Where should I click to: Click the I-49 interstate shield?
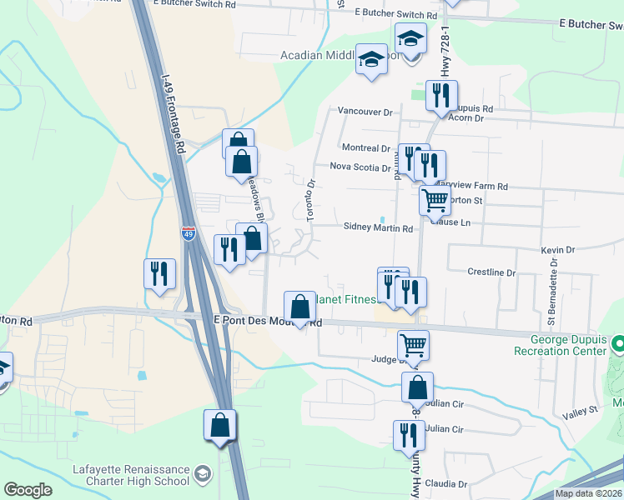189,234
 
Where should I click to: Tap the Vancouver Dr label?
365,111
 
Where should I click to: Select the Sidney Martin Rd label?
379,228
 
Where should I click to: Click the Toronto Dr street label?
311,200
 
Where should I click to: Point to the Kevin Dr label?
558,250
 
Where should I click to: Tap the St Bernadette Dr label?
551,287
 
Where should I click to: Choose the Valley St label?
581,410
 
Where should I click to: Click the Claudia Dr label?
445,483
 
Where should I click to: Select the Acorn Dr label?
466,118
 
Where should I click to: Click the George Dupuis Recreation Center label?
569,345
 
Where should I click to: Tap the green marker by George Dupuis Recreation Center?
618,343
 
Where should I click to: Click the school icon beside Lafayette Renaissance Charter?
201,475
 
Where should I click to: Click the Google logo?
28,490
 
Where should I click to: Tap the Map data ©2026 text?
587,493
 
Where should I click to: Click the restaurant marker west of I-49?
159,273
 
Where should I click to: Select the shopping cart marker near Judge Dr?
413,344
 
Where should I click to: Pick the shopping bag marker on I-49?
219,425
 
